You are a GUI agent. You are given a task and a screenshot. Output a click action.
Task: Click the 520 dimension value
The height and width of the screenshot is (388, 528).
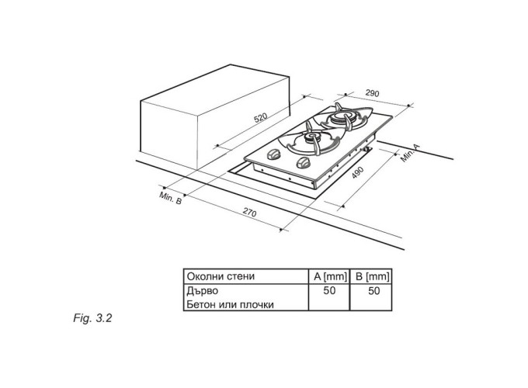click(x=260, y=118)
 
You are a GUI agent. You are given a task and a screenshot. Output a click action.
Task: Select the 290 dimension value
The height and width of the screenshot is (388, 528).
click(x=372, y=93)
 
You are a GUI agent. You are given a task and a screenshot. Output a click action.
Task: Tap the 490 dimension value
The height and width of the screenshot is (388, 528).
click(x=358, y=172)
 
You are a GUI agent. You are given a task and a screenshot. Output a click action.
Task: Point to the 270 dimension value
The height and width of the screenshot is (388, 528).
click(x=249, y=213)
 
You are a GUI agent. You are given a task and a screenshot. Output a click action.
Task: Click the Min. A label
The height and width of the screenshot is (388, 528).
click(x=411, y=153)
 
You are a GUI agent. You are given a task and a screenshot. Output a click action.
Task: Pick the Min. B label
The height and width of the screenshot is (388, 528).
click(x=170, y=198)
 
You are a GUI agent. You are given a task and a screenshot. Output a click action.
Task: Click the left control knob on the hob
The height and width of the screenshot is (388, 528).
click(x=273, y=154)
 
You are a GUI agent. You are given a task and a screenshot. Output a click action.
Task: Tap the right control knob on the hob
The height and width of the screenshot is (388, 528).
click(x=303, y=163)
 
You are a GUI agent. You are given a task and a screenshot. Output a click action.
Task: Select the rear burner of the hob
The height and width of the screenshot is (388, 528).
click(x=342, y=118)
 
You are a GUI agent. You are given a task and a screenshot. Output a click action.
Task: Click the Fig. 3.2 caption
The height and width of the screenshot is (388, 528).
click(x=92, y=318)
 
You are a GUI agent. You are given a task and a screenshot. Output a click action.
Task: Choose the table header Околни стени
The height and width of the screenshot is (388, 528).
click(x=221, y=276)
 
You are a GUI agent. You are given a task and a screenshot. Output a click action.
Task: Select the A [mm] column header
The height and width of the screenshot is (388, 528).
click(x=330, y=276)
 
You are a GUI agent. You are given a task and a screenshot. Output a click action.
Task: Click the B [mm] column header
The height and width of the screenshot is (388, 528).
click(x=372, y=276)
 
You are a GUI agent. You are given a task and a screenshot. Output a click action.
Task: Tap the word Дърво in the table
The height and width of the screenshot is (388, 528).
click(x=203, y=291)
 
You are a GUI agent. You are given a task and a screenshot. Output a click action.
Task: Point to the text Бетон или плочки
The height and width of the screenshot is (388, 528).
click(x=230, y=305)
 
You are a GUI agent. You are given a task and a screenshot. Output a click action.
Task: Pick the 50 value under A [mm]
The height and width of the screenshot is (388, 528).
click(x=329, y=290)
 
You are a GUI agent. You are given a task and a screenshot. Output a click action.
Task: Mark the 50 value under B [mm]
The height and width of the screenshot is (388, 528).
click(x=373, y=291)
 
